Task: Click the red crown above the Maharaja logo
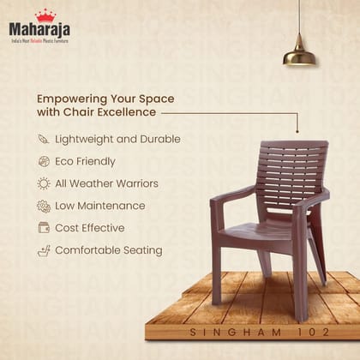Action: (45, 15)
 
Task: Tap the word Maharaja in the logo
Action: (39, 31)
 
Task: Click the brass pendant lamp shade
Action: (299, 55)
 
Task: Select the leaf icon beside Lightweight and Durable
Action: (44, 139)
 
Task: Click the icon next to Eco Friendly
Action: (44, 161)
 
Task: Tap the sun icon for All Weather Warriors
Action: (44, 183)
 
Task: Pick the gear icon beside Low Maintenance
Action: (44, 206)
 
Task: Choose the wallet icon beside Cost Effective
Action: (44, 228)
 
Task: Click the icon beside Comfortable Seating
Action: (44, 250)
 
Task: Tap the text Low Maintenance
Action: (100, 206)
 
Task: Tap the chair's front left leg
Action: (216, 274)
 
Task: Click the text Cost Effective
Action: (90, 228)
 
